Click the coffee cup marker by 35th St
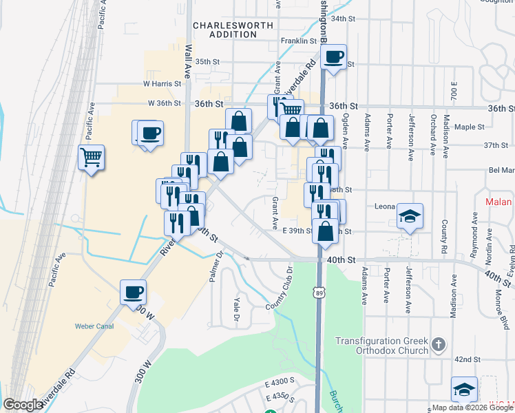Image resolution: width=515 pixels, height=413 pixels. coord(334,58)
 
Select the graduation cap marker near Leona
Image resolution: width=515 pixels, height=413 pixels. coord(410,216)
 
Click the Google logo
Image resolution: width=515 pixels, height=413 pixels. coord(23,405)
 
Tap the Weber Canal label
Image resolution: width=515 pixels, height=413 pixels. coord(94,326)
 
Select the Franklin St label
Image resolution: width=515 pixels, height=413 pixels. coord(298,41)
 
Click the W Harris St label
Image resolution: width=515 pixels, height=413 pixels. coord(162,84)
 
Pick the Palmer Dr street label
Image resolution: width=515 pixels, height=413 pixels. coord(217,266)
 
